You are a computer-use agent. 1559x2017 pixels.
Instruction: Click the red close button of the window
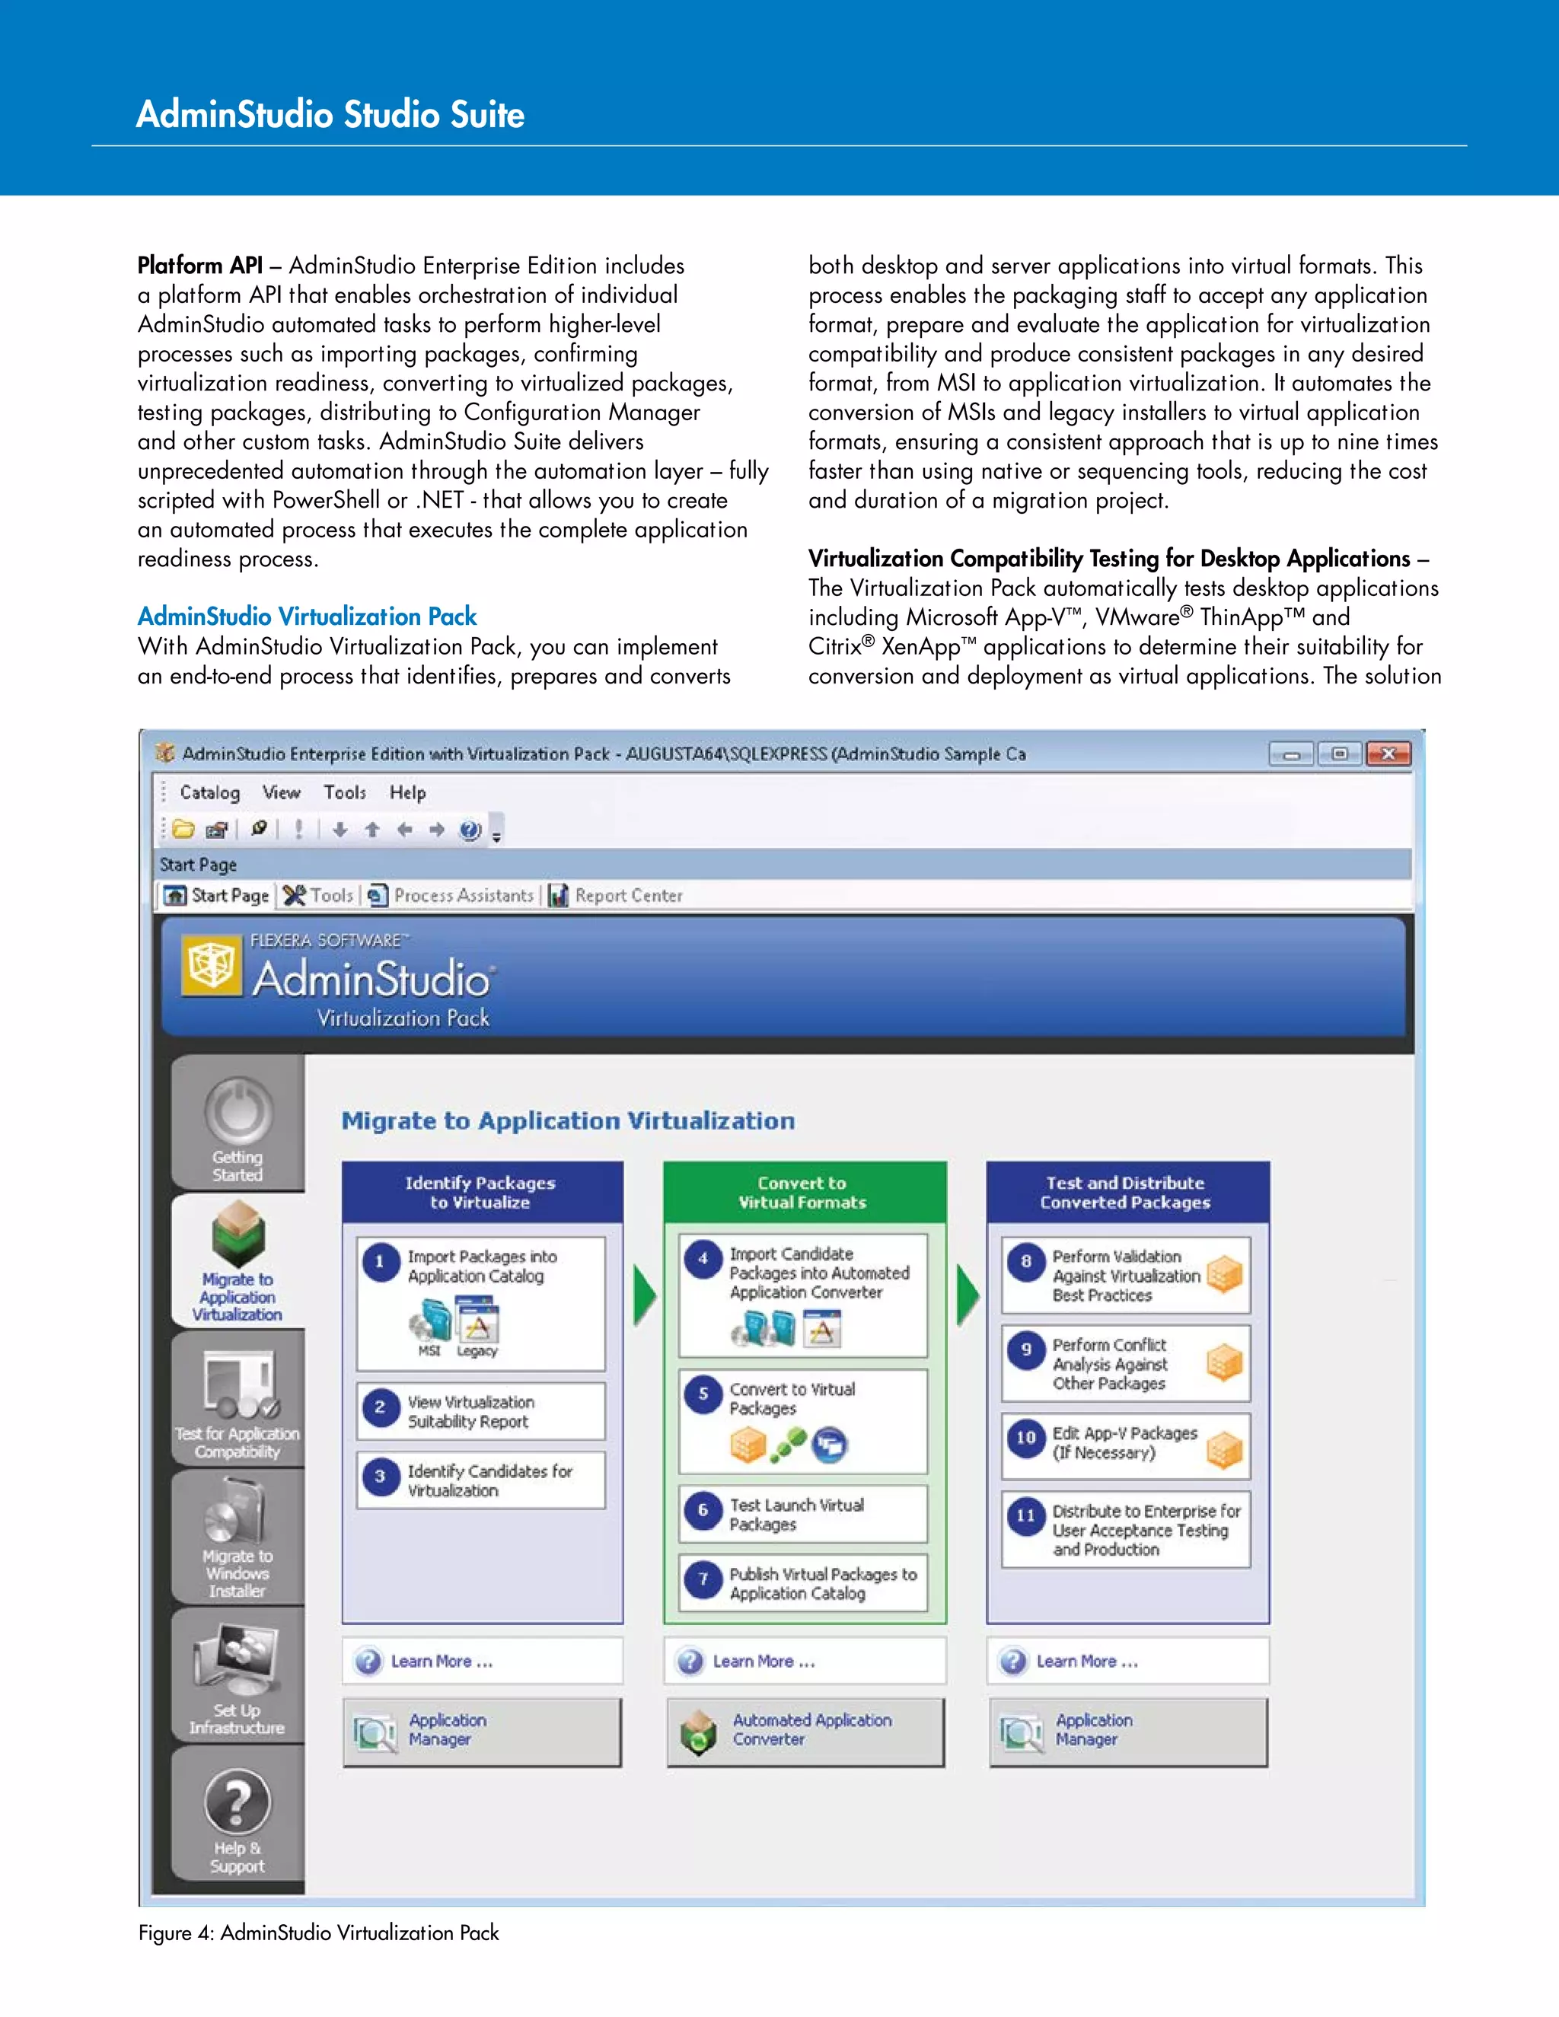[1388, 754]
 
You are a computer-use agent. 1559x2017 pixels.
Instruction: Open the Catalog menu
[209, 792]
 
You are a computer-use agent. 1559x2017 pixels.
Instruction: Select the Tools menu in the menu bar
[345, 792]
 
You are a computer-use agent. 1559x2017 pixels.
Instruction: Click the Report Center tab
[616, 895]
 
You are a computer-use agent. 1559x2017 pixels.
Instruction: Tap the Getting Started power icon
[238, 1111]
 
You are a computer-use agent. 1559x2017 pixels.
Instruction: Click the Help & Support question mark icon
[238, 1802]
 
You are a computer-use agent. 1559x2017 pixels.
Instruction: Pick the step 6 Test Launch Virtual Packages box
[802, 1514]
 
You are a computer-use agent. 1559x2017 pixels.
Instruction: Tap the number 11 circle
[1026, 1515]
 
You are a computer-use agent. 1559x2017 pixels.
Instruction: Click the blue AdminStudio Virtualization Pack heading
[307, 616]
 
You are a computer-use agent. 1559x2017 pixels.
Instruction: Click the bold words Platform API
[199, 266]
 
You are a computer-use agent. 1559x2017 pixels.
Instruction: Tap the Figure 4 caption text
[319, 1932]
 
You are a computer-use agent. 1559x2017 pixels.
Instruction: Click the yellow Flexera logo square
[211, 967]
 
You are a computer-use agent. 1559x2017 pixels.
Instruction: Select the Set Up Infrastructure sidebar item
[238, 1676]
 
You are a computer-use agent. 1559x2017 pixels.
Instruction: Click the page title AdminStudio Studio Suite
[330, 114]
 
